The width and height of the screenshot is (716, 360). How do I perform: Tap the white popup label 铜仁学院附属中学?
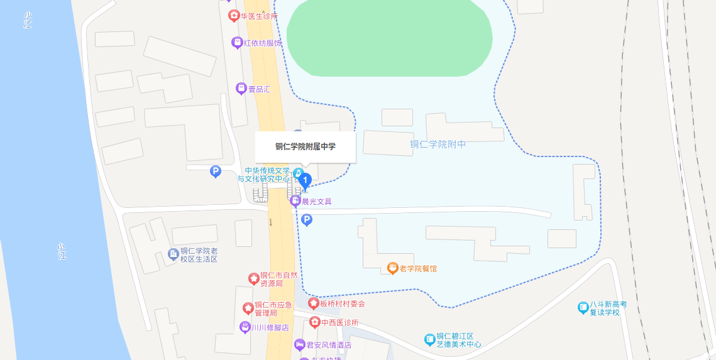306,147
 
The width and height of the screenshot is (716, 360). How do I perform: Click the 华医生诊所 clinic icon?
234,16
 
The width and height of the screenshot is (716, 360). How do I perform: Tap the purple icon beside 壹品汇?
241,89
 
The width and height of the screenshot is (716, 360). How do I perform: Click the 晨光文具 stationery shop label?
316,202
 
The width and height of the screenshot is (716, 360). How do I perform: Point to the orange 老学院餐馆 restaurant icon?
393,268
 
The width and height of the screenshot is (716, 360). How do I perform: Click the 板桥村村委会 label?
342,303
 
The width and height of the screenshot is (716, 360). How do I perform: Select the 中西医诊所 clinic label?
339,322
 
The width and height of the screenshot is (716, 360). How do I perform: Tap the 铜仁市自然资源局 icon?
253,278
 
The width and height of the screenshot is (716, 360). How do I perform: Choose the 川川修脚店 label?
270,327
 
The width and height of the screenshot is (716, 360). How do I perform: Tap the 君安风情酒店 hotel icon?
300,344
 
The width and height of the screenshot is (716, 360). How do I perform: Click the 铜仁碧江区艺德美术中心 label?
459,340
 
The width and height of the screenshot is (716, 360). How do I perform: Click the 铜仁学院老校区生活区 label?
199,254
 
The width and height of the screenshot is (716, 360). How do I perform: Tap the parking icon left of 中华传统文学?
216,171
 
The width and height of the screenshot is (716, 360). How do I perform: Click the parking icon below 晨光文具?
307,220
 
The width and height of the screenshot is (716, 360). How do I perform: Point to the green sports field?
389,38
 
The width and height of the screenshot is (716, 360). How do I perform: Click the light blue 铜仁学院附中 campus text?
438,145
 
